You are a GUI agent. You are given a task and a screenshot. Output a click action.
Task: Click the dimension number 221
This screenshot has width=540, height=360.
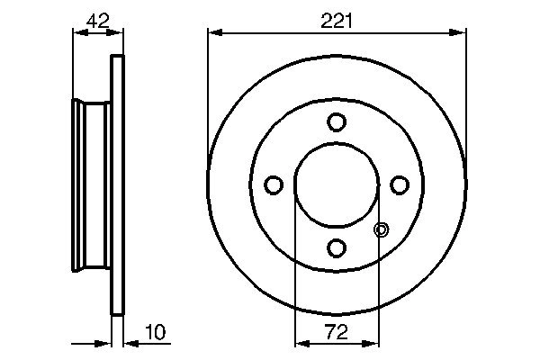[337, 19]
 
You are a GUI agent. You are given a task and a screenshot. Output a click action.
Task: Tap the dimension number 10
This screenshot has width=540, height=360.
[155, 333]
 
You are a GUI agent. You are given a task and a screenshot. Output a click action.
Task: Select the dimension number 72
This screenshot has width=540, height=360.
[337, 333]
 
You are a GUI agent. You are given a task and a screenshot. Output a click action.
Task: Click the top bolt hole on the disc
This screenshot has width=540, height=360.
[337, 121]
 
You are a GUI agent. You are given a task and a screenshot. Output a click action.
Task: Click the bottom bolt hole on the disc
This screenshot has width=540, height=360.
[337, 247]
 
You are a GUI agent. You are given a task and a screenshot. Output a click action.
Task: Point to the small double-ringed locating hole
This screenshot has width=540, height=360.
[381, 230]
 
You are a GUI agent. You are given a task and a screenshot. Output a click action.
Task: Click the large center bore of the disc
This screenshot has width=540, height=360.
[337, 184]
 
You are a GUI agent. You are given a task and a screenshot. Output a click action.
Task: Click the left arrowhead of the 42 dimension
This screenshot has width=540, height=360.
[77, 33]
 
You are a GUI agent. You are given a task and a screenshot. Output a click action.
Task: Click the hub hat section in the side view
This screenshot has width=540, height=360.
[91, 184]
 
